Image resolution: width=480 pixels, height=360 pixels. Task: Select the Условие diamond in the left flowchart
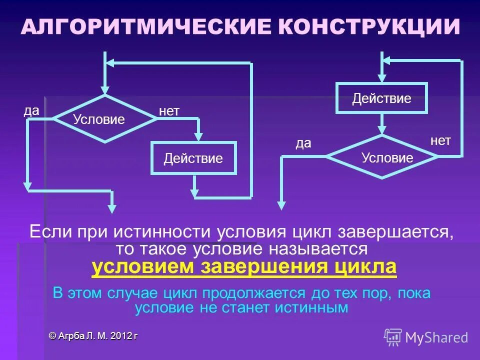click(105, 119)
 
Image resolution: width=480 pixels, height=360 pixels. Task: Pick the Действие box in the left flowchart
click(193, 158)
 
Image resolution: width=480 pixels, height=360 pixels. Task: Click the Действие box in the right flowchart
click(381, 98)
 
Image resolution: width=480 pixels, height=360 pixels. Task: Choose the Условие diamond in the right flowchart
click(382, 157)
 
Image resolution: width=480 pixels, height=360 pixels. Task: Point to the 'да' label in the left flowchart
click(31, 111)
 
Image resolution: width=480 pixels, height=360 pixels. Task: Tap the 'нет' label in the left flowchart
click(169, 111)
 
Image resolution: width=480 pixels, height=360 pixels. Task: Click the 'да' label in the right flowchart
click(303, 143)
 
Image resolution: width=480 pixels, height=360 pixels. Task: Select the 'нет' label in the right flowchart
click(440, 140)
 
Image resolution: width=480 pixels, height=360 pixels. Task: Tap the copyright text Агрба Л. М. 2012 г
click(93, 336)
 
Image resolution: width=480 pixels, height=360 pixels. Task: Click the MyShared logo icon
click(393, 337)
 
